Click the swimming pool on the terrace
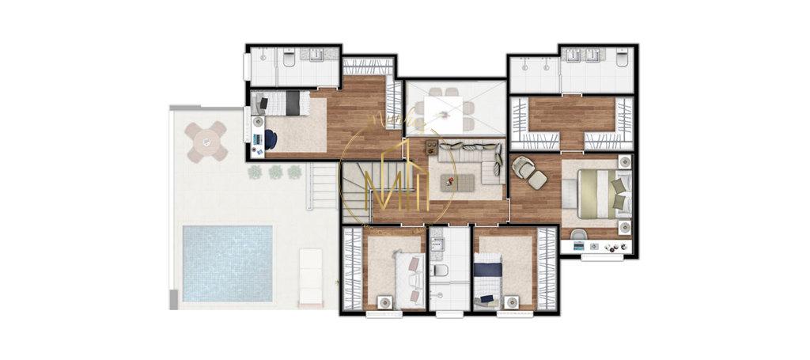pos(228,263)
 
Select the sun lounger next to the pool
pos(311,276)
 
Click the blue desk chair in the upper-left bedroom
pos(271,139)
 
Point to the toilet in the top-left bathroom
pos(289,59)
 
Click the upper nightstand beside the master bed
pos(624,161)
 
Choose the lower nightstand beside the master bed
pos(624,228)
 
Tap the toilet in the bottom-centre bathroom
pos(441,271)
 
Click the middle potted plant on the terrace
pos(275,171)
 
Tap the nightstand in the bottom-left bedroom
pos(385,301)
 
